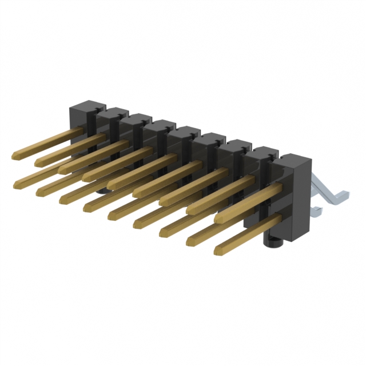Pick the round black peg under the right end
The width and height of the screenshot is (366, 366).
click(274, 242)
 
